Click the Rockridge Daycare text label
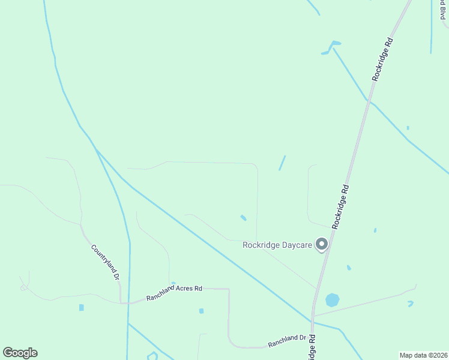pyautogui.click(x=278, y=245)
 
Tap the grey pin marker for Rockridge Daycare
pyautogui.click(x=322, y=244)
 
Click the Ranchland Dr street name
pyautogui.click(x=287, y=341)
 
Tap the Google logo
pyautogui.click(x=20, y=353)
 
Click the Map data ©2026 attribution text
pyautogui.click(x=424, y=355)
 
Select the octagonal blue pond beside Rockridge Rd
pyautogui.click(x=332, y=299)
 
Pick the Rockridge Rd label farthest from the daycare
pyautogui.click(x=382, y=60)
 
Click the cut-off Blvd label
pyautogui.click(x=442, y=11)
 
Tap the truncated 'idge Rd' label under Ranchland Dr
pyautogui.click(x=312, y=349)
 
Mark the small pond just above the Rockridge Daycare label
pyautogui.click(x=243, y=217)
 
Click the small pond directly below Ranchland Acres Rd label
pyautogui.click(x=201, y=311)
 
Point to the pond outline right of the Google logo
pyautogui.click(x=152, y=356)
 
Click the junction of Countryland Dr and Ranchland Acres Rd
pyautogui.click(x=122, y=302)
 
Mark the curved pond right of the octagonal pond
pyautogui.click(x=411, y=304)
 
